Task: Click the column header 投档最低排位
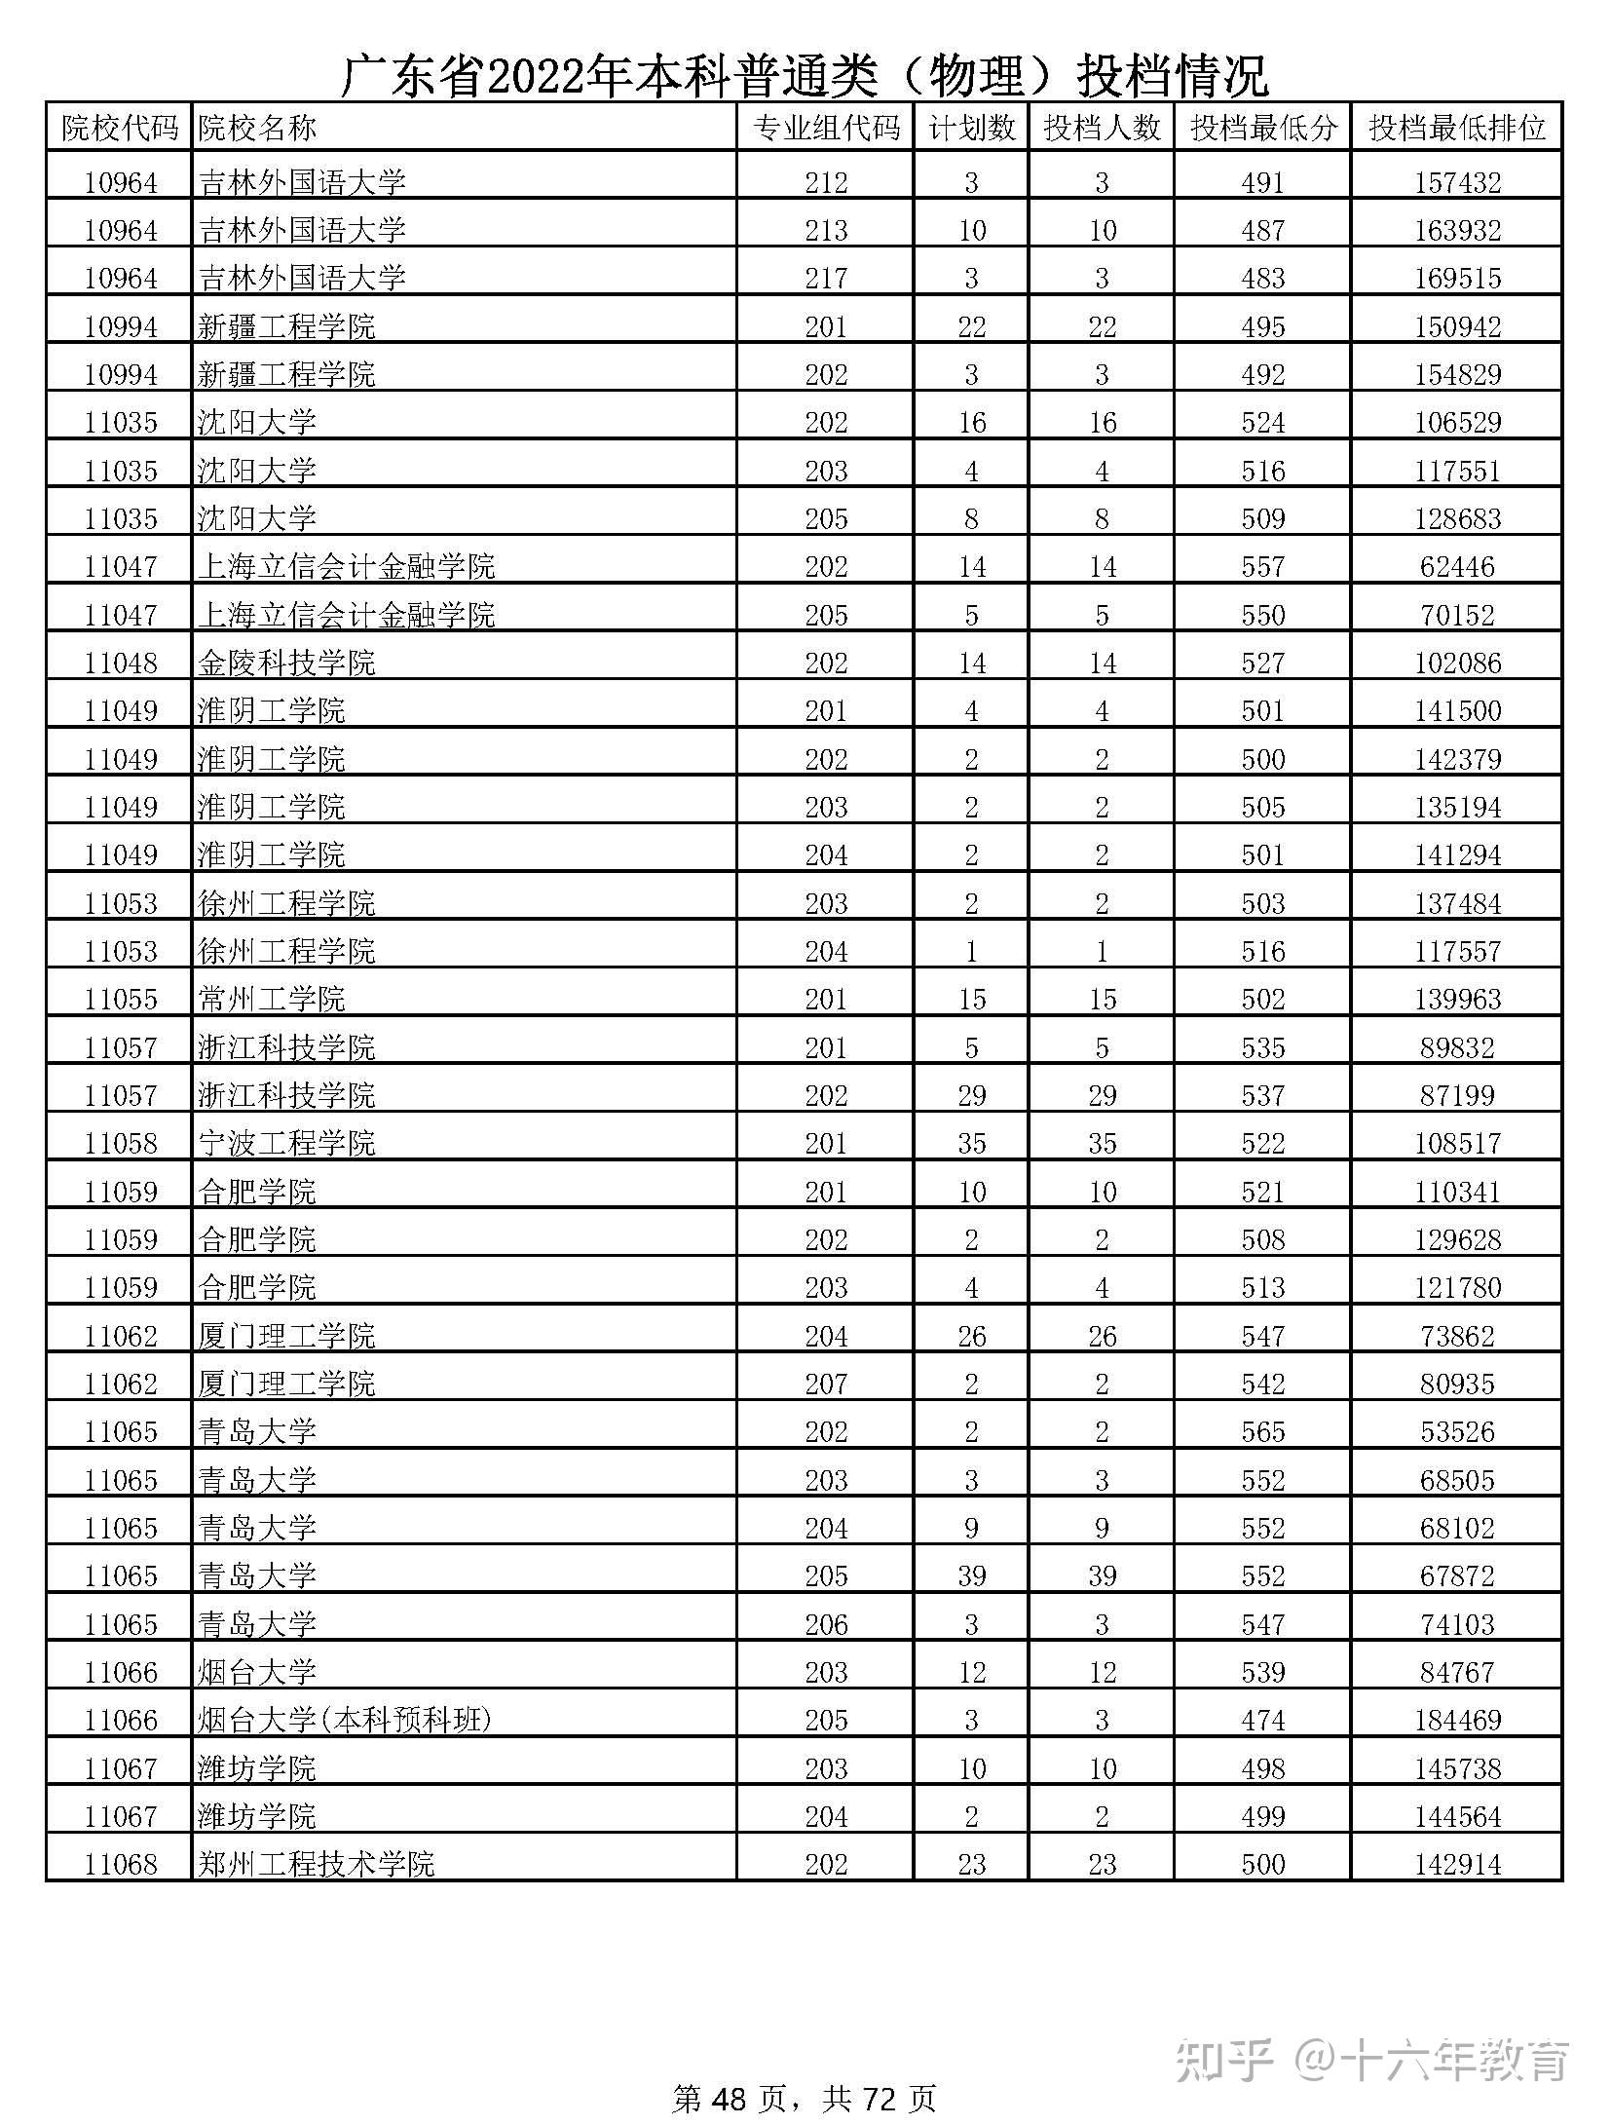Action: pos(1456,128)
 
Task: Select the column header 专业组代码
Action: pos(826,128)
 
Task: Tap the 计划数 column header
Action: pos(971,128)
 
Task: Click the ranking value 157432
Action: pos(1457,183)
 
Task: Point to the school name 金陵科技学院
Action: pos(286,664)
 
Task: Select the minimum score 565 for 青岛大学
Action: pos(1262,1432)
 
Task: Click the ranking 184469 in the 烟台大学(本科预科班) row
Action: pos(1457,1721)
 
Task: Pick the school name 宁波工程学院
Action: pos(286,1144)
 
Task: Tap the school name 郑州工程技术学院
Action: pos(316,1865)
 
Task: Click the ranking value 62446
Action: pos(1457,567)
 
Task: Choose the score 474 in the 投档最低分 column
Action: pos(1262,1721)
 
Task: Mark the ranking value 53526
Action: pos(1457,1432)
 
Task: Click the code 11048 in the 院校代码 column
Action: pos(121,664)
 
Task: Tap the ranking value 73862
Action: pos(1457,1337)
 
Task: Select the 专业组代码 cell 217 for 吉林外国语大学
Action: pos(826,279)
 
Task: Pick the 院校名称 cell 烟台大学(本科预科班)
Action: pos(345,1721)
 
